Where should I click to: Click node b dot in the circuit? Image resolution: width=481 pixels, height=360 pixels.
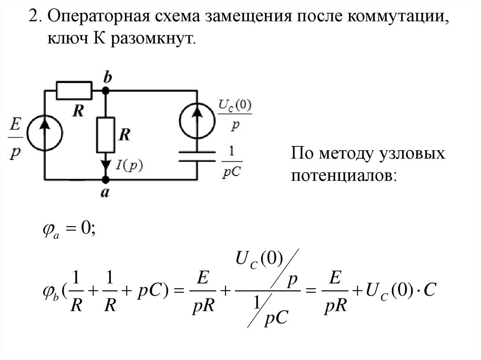[x=107, y=90]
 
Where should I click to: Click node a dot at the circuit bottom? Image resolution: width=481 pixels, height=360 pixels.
[x=106, y=179]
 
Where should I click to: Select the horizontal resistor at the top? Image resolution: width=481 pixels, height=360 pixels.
[x=74, y=90]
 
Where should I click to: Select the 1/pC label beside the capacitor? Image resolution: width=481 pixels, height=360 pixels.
[x=230, y=162]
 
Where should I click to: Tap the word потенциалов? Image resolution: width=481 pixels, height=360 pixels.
[x=344, y=176]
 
